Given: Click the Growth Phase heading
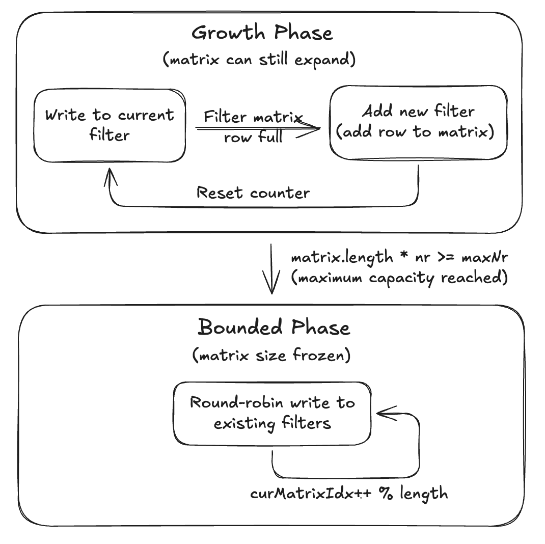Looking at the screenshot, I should tap(262, 34).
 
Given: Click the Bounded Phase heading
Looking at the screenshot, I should tap(274, 327).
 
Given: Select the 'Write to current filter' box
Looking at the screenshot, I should tap(109, 125).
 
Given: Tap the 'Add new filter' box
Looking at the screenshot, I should tap(418, 122).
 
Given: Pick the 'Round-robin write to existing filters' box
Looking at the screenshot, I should tap(272, 413).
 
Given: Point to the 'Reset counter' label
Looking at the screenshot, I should tap(253, 193).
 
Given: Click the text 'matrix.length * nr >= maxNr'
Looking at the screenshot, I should tap(399, 257).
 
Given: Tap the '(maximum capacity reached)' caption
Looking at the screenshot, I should tap(399, 279).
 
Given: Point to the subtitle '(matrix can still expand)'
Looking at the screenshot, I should tap(259, 60).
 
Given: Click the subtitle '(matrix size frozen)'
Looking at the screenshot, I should tap(271, 355).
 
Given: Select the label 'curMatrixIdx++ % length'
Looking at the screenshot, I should tap(349, 494).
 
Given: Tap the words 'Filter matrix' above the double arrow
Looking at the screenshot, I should tap(253, 117).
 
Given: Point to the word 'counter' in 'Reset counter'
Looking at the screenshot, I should tap(279, 193).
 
